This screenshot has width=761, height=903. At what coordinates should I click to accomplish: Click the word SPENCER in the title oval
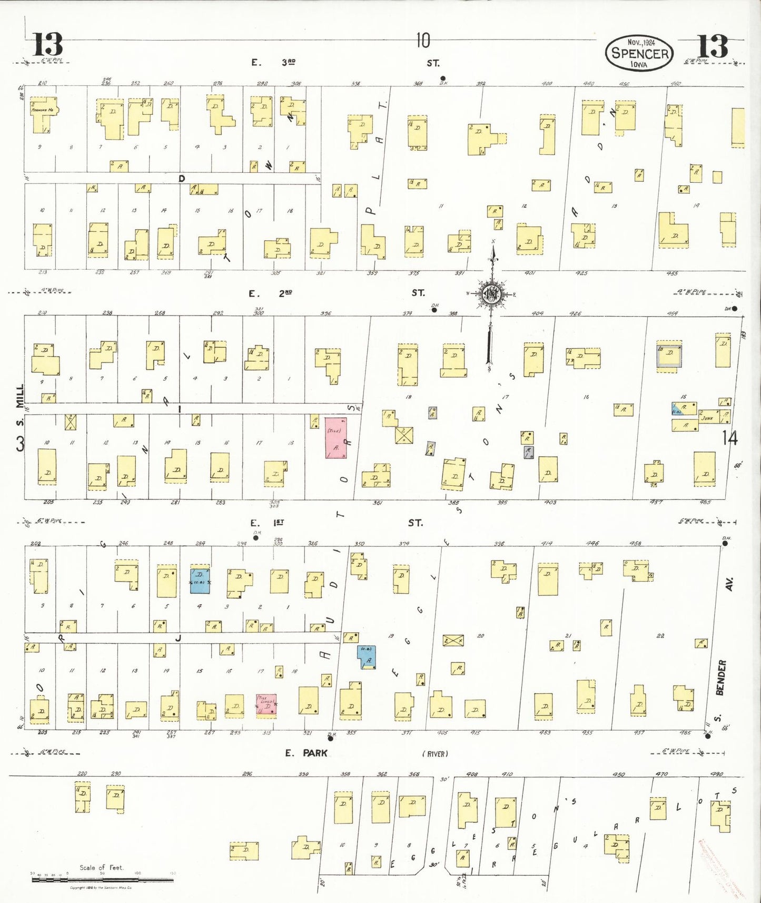pos(640,53)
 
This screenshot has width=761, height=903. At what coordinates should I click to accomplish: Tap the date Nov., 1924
pos(640,42)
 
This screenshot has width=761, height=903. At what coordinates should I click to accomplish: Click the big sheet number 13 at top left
pos(47,45)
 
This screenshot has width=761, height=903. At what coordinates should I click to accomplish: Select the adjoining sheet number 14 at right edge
pos(730,438)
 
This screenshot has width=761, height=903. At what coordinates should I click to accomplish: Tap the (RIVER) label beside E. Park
pos(435,754)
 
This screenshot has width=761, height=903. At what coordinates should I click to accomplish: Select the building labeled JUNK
pos(707,417)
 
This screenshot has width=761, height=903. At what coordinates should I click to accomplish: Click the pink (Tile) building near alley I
pos(335,437)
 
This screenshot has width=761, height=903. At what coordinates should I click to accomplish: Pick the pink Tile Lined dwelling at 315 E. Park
pos(266,704)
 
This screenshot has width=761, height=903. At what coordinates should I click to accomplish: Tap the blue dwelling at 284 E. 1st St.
pos(200,581)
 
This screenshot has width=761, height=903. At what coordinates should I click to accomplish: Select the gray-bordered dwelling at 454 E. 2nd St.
pos(669,356)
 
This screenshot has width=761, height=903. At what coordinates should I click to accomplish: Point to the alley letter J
pos(178,638)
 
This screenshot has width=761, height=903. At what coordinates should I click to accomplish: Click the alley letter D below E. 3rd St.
pos(182,179)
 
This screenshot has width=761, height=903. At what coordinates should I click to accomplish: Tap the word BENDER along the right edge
pos(722,678)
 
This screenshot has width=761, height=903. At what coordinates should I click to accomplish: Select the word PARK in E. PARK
pos(315,753)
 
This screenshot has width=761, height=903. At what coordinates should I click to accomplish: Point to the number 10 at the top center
pos(423,41)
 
